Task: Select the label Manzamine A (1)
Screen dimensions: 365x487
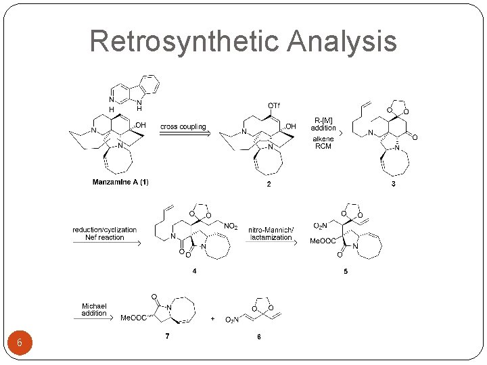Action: click(120, 182)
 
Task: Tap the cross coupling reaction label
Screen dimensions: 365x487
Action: click(183, 126)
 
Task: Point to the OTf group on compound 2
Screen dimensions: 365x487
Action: click(274, 105)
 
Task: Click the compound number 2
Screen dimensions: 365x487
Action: click(269, 184)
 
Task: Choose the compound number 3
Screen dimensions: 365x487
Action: click(394, 184)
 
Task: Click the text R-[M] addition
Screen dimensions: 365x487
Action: click(323, 124)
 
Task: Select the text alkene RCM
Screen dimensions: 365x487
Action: click(323, 143)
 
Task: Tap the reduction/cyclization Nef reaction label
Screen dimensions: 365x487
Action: click(105, 233)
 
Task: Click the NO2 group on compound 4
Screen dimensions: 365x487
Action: click(231, 226)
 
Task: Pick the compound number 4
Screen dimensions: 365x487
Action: click(195, 272)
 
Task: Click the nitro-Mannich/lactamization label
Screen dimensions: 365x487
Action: click(271, 233)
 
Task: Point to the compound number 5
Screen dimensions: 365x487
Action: click(345, 272)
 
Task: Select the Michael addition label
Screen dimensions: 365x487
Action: click(94, 310)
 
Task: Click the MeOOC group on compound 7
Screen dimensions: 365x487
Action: click(133, 318)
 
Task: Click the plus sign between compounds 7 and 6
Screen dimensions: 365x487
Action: click(213, 318)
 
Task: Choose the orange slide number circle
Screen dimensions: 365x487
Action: click(20, 343)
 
